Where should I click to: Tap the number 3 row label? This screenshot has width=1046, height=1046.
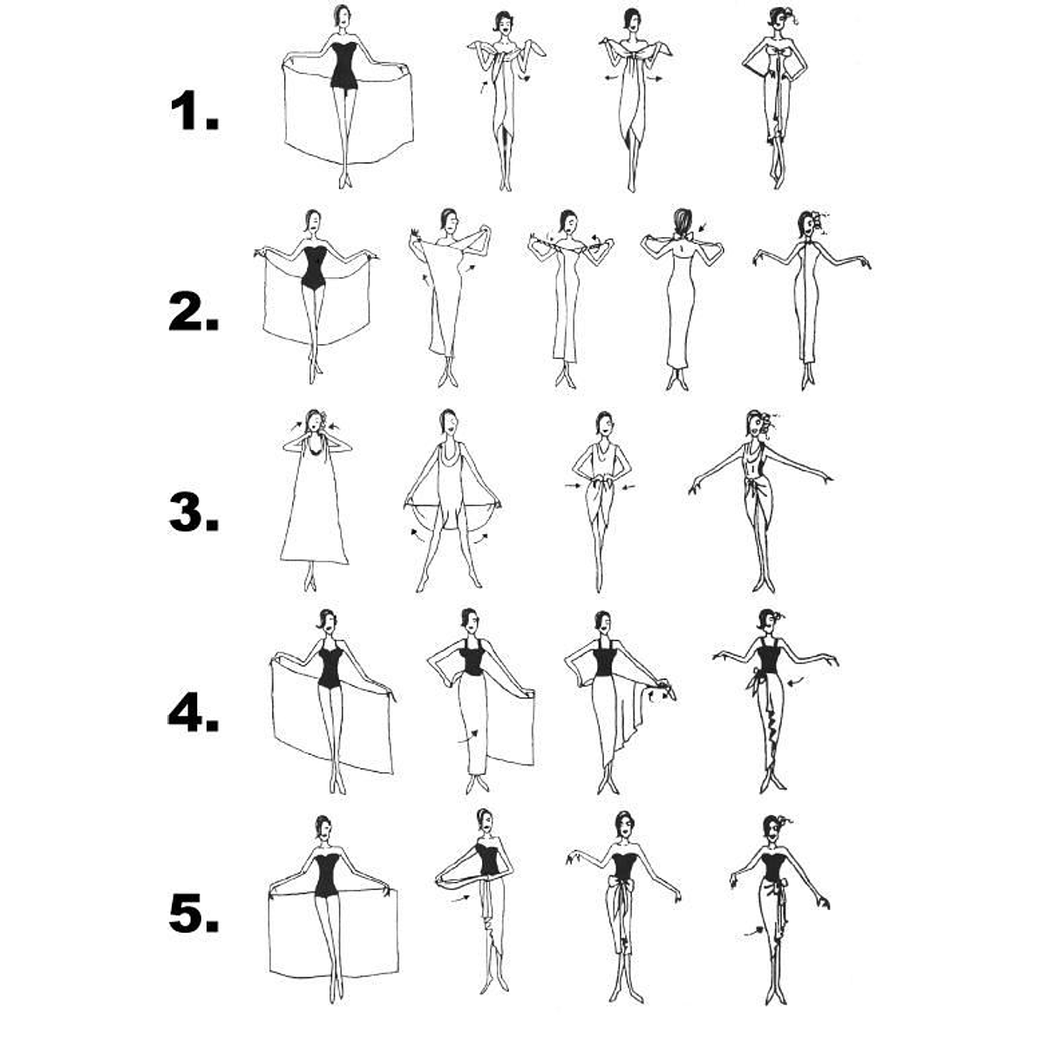click(194, 512)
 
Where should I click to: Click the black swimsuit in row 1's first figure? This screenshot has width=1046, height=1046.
click(343, 65)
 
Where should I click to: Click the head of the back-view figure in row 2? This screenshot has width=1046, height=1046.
click(683, 221)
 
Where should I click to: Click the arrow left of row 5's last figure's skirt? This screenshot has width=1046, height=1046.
click(753, 932)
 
